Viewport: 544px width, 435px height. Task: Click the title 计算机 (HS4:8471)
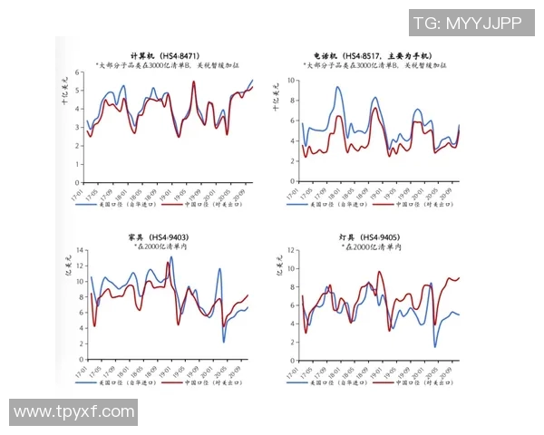click(x=165, y=56)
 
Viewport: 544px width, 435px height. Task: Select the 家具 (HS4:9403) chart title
click(x=163, y=237)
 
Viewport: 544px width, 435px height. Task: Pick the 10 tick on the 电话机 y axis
click(x=291, y=80)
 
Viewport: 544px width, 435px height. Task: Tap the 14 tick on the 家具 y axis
click(x=80, y=247)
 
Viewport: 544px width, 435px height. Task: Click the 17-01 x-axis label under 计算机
click(x=82, y=193)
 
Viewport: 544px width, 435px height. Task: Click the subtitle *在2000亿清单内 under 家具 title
click(x=163, y=247)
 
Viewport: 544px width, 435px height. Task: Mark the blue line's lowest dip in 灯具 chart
click(x=435, y=347)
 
